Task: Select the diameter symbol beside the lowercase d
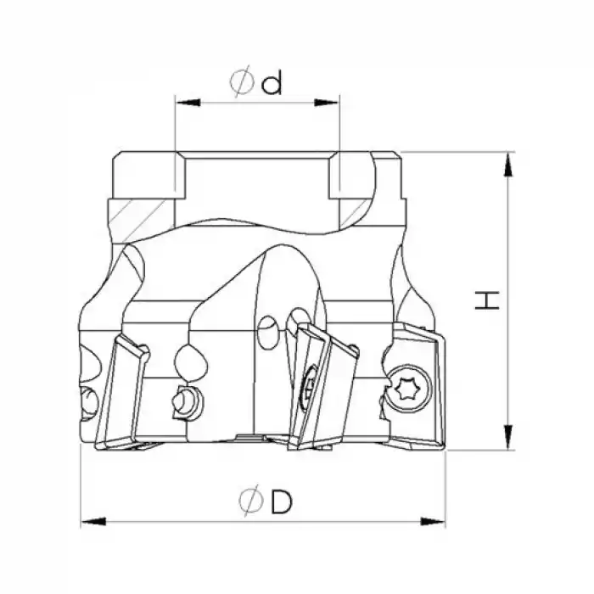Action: click(241, 82)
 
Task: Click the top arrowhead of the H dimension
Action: click(508, 165)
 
